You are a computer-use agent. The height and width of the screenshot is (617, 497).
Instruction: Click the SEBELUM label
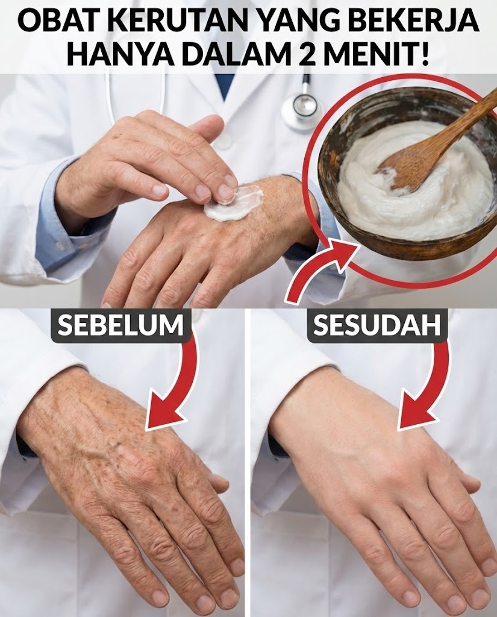(121, 325)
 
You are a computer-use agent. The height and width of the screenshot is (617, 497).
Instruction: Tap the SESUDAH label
(377, 325)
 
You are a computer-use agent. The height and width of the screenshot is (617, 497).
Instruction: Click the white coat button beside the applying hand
(223, 142)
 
